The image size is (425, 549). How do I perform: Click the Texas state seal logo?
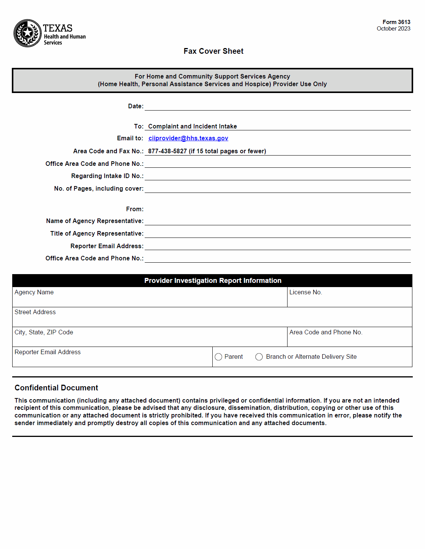27,33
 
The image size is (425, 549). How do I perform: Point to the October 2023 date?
393,29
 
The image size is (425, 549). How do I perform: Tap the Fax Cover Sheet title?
213,51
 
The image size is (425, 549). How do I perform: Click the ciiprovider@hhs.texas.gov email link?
188,138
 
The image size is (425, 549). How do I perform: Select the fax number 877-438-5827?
167,151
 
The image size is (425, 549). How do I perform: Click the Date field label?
136,106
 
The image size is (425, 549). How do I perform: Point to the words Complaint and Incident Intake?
192,126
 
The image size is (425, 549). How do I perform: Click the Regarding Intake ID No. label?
107,176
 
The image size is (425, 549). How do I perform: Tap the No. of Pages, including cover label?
99,188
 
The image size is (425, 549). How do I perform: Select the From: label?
135,209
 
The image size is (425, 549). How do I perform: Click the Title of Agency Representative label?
97,233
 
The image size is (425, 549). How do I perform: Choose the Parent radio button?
218,357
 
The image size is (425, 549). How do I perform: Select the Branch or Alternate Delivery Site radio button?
259,357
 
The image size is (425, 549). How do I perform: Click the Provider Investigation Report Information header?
213,281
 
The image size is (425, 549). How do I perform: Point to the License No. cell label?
305,292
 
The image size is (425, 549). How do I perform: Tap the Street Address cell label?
35,312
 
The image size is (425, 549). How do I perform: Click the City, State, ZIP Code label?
44,332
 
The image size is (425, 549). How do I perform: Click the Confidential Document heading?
56,388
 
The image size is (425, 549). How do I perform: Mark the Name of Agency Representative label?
95,221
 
